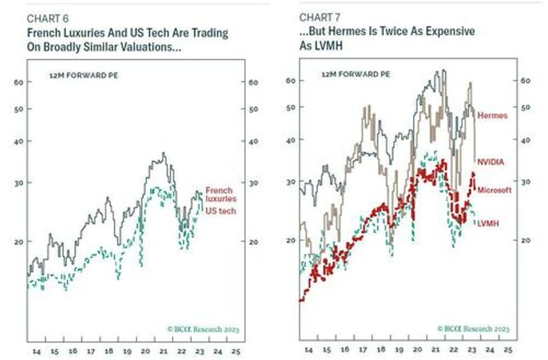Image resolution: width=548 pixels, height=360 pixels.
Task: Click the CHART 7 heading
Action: pyautogui.click(x=317, y=17)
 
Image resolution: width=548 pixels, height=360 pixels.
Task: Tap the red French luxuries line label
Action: pyautogui.click(x=221, y=195)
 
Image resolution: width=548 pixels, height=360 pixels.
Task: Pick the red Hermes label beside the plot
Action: pyautogui.click(x=494, y=115)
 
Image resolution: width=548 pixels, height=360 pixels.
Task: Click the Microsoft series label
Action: pyautogui.click(x=494, y=190)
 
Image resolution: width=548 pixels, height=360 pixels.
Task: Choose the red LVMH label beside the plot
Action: pyautogui.click(x=491, y=223)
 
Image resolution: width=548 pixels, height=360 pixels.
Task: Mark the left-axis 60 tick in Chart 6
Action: pyautogui.click(x=17, y=83)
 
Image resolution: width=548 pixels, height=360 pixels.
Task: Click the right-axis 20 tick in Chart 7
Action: pyautogui.click(x=525, y=240)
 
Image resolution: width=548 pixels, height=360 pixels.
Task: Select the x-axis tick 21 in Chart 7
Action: pyautogui.click(x=439, y=353)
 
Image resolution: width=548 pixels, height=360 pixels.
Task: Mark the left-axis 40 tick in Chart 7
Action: pyautogui.click(x=290, y=140)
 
